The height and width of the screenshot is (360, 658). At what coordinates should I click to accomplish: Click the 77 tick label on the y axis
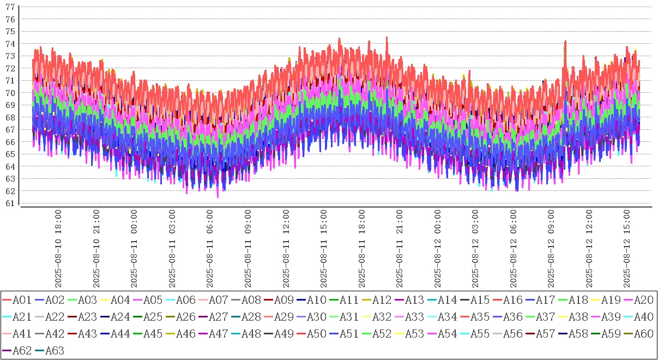coord(10,7)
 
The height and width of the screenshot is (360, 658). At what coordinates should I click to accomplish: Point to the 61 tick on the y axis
coord(10,203)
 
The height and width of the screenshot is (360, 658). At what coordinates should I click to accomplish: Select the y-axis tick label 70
coord(10,93)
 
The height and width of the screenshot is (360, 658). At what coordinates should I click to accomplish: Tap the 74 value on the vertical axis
coord(10,44)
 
